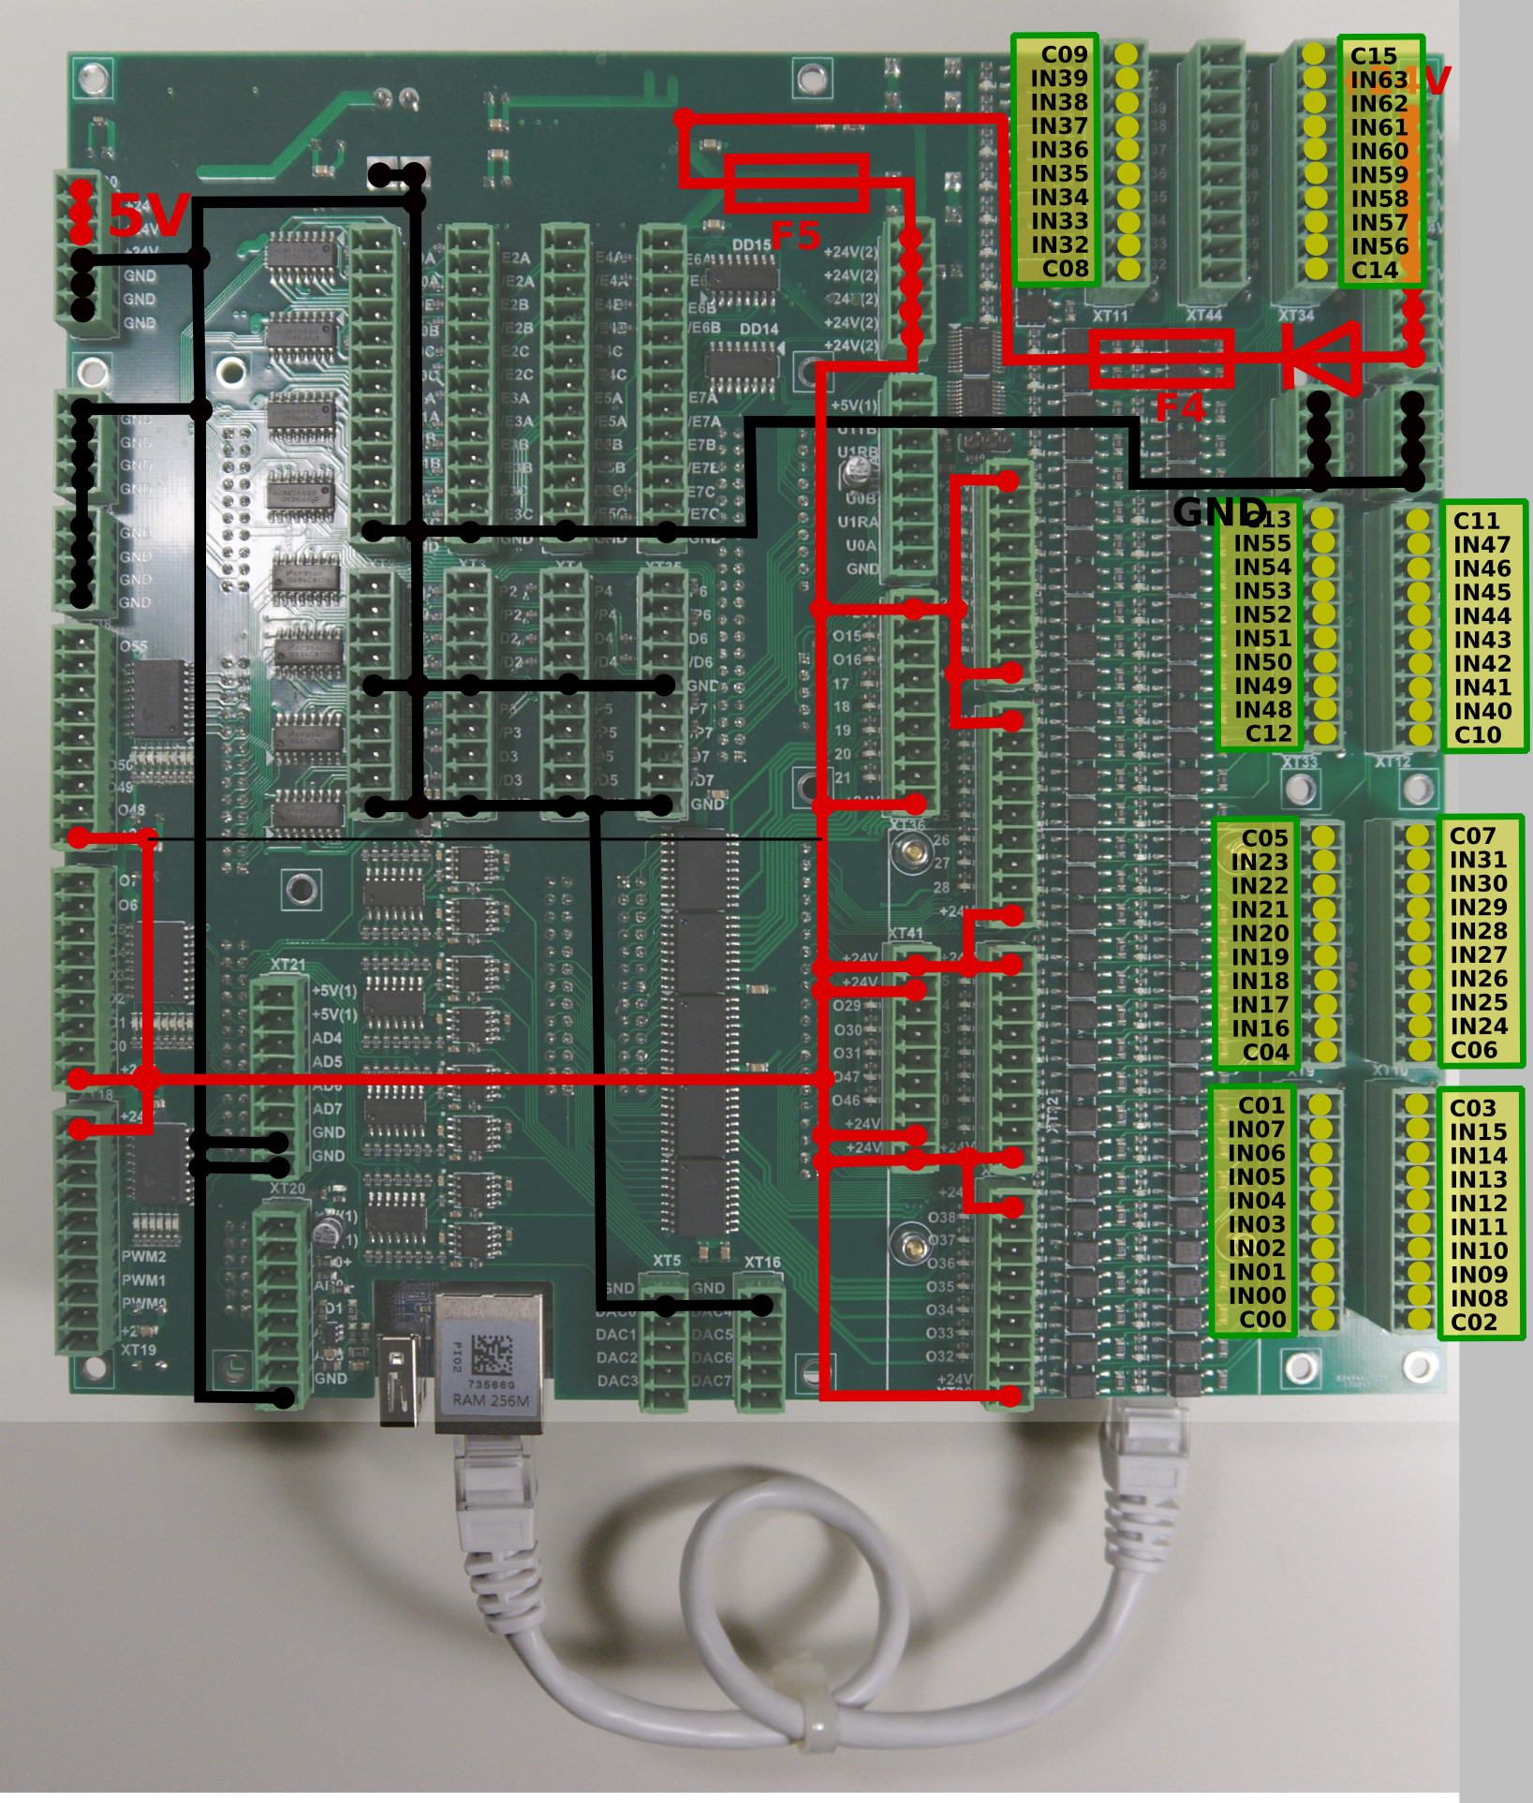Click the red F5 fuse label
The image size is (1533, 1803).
[x=795, y=235]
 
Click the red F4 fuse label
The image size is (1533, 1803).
[x=1179, y=408]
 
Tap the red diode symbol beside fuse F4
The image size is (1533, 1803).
[x=1322, y=357]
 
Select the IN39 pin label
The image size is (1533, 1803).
[x=1059, y=79]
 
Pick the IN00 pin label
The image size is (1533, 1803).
[x=1257, y=1296]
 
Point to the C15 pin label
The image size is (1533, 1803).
[x=1373, y=56]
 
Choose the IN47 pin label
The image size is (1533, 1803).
[x=1481, y=545]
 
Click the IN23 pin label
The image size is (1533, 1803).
[x=1260, y=862]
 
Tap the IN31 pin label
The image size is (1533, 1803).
[x=1478, y=860]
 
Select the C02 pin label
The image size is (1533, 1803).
[x=1474, y=1323]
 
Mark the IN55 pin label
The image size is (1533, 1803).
[x=1261, y=543]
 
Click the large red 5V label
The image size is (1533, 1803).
[x=148, y=216]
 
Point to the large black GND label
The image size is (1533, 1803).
[x=1217, y=511]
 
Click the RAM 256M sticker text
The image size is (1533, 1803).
[x=491, y=1400]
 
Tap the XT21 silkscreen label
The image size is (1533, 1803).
[x=287, y=965]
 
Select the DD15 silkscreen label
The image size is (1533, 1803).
[x=751, y=245]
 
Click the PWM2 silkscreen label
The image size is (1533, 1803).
[x=143, y=1257]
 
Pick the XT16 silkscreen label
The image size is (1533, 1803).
[x=762, y=1263]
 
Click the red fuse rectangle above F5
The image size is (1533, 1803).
[x=796, y=183]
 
